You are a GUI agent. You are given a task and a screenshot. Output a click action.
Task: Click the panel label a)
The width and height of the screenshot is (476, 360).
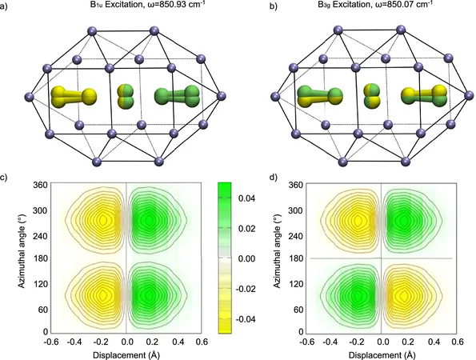click(3, 6)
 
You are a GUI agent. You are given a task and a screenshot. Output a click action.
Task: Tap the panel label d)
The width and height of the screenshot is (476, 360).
click(274, 178)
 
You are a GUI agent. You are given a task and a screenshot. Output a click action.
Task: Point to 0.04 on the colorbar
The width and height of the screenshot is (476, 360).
click(246, 198)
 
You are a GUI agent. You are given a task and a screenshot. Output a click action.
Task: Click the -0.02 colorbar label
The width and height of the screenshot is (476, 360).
click(246, 289)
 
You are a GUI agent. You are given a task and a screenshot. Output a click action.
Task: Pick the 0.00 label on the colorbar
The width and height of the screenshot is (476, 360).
click(246, 258)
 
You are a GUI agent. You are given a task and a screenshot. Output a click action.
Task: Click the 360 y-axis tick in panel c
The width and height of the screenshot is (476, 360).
click(40, 185)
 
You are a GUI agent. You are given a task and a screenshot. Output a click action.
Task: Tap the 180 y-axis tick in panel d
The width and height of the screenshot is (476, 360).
click(296, 258)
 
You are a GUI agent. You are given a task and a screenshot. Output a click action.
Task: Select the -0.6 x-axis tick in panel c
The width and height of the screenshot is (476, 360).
click(51, 342)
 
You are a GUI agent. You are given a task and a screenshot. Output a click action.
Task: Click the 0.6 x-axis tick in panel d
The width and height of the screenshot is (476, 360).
click(457, 342)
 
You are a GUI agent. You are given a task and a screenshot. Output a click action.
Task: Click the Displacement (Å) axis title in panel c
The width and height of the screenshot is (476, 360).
click(126, 355)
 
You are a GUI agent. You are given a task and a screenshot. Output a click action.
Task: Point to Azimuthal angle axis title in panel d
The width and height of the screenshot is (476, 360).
click(277, 258)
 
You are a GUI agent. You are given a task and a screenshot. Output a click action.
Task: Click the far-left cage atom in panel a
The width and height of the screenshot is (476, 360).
click(30, 97)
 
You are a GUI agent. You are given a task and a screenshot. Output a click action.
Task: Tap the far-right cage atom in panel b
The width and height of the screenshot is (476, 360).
click(469, 96)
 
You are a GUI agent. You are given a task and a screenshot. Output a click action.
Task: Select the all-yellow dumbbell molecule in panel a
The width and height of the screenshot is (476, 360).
click(74, 97)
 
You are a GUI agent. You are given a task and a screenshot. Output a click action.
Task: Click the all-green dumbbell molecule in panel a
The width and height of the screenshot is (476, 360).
click(177, 96)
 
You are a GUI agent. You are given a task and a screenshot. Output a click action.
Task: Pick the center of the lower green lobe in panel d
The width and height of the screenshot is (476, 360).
click(358, 295)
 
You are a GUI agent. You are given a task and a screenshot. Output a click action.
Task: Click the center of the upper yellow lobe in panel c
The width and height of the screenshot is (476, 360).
click(102, 220)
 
